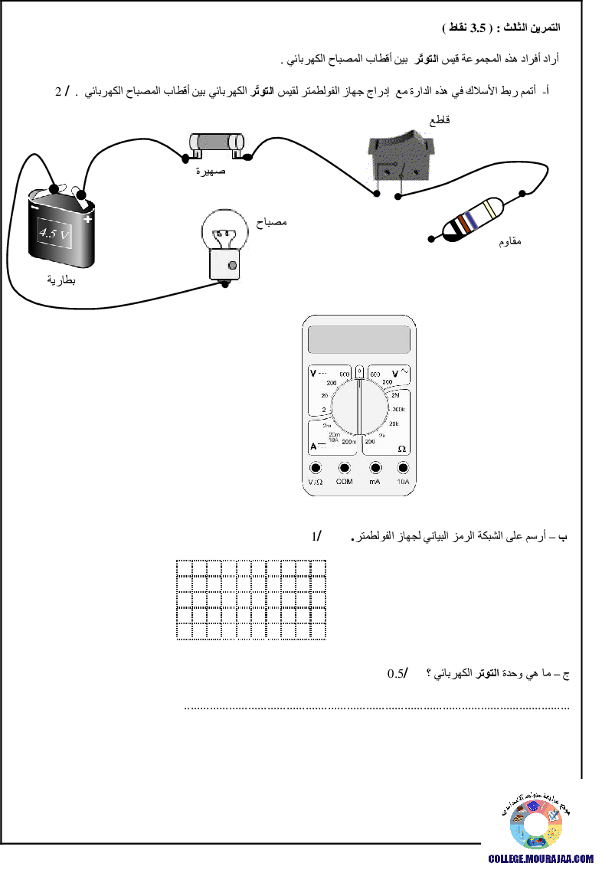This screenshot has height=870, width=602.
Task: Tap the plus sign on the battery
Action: [x=89, y=220]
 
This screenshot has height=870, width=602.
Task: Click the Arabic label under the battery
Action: [x=67, y=280]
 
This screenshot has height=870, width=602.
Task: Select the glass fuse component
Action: [x=218, y=142]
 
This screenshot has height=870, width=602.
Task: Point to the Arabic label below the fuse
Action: [x=217, y=171]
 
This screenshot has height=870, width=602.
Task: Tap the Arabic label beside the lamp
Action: [x=274, y=222]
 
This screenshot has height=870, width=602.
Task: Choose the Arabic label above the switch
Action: [x=449, y=119]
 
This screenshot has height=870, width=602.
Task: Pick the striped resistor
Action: [x=473, y=217]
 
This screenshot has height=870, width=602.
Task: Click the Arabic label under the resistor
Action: [x=519, y=241]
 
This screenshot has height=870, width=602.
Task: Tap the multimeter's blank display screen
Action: [x=358, y=339]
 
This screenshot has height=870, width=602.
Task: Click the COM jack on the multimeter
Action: [x=344, y=468]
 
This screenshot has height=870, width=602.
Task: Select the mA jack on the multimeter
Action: [x=375, y=468]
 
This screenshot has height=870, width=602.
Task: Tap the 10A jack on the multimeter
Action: [x=403, y=468]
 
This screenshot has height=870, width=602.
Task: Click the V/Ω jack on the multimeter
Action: [x=315, y=468]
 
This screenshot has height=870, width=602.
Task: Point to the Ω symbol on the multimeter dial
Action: [x=401, y=448]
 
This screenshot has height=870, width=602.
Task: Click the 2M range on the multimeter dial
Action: [x=396, y=396]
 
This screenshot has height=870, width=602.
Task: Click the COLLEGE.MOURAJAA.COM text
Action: [x=541, y=859]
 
